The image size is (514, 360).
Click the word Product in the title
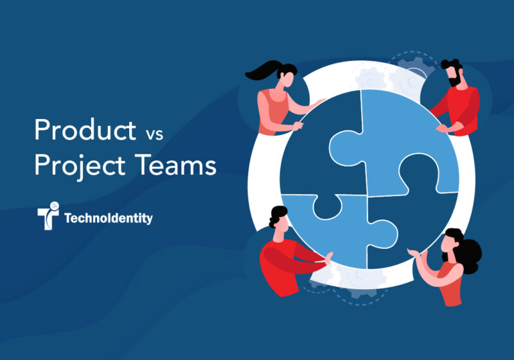82,130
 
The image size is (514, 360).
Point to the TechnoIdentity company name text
109,219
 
